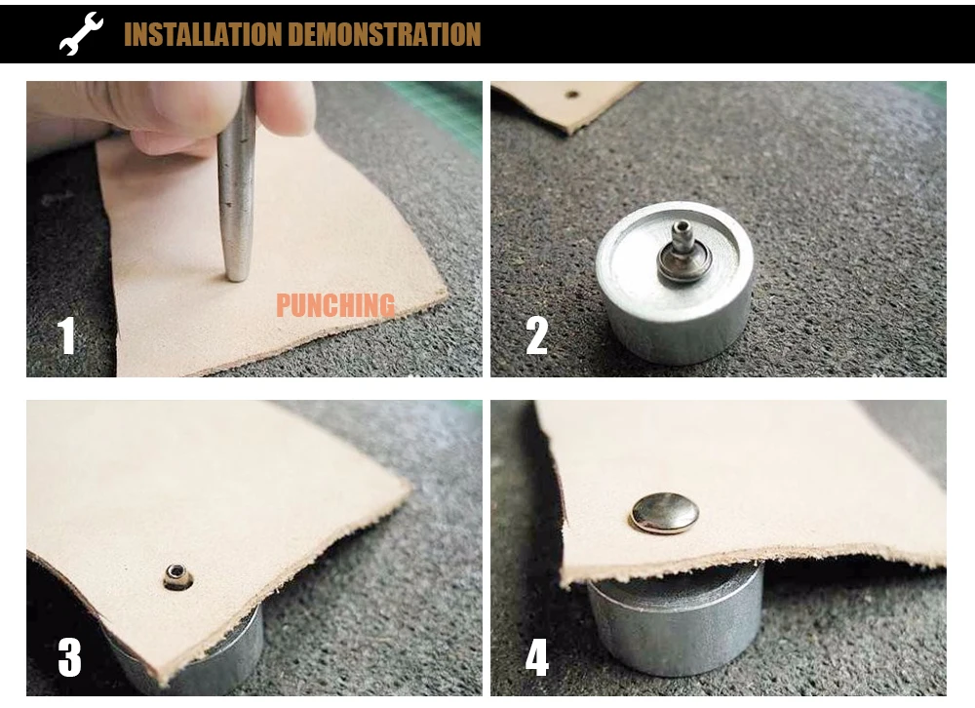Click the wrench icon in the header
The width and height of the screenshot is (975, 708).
[x=81, y=33]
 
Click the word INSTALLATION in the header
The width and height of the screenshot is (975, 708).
[x=203, y=34]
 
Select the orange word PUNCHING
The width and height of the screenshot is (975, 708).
[x=335, y=305]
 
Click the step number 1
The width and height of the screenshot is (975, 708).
[x=66, y=335]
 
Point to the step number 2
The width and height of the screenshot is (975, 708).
[x=536, y=335]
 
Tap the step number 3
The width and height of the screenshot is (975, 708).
[x=69, y=657]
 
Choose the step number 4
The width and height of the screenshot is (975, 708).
[x=537, y=657]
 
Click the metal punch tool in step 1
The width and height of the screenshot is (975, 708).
[x=237, y=186]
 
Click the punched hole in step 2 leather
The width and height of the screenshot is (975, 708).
[x=572, y=96]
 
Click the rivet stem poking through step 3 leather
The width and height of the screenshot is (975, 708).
[x=177, y=576]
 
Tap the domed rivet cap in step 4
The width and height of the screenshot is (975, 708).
[x=665, y=513]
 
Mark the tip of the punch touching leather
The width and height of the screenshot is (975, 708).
[x=237, y=278]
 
